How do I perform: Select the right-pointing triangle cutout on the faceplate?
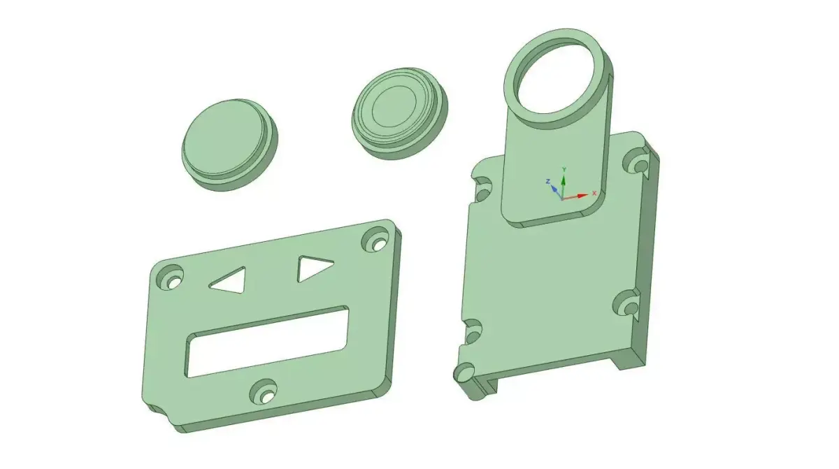(x=313, y=268)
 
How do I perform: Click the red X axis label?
(x=594, y=192)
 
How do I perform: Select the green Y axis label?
(x=564, y=170)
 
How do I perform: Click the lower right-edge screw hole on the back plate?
(x=626, y=304)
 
